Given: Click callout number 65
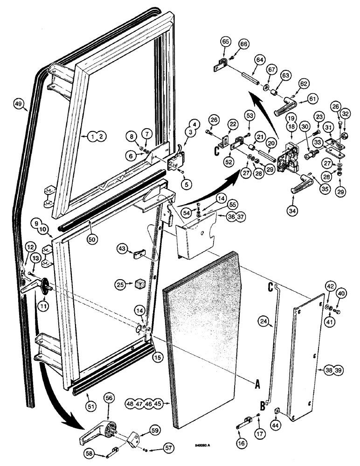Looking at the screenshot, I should click(226, 42).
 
